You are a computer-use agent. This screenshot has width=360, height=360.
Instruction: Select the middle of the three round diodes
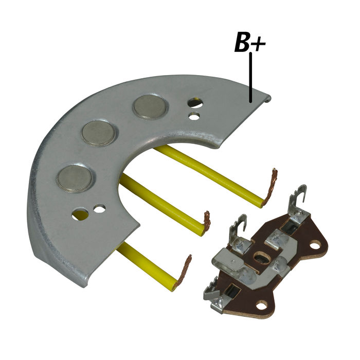98,133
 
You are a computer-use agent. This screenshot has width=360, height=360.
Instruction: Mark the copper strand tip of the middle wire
207,222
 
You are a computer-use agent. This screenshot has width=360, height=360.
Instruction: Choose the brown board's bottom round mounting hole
263,304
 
